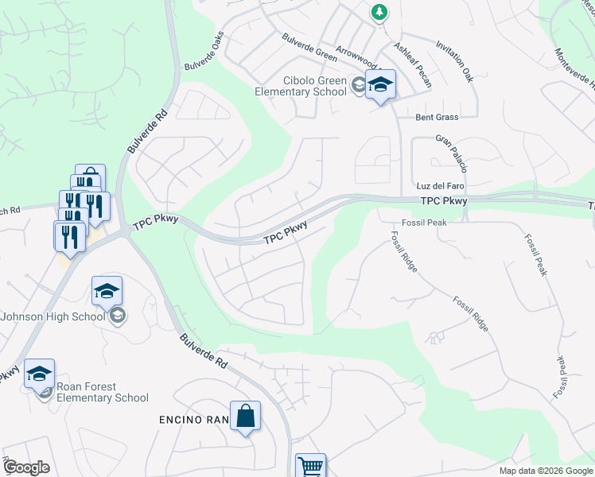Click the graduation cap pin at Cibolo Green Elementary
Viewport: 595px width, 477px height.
coord(380,85)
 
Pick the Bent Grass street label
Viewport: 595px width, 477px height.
coord(437,117)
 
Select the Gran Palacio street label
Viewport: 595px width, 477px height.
coord(449,152)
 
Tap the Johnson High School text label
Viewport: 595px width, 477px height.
coord(53,316)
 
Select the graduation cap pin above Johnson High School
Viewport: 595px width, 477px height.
coord(107,291)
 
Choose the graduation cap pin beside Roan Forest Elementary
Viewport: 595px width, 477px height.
coord(39,374)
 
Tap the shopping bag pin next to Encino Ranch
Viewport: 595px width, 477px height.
coord(245,416)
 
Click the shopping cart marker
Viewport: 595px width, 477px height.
coord(310,467)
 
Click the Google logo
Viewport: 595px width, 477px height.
coord(26,467)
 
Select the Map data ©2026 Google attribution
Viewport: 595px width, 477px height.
coord(545,471)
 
